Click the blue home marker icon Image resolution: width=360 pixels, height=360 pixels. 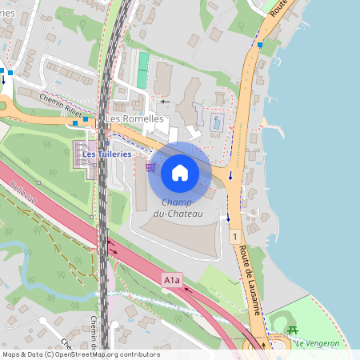(x=180, y=173)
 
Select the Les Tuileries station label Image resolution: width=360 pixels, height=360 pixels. (x=106, y=154)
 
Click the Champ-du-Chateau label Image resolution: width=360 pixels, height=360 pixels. (x=182, y=208)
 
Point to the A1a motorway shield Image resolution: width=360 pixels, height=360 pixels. (x=172, y=280)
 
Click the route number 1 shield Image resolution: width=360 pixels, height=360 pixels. (x=234, y=238)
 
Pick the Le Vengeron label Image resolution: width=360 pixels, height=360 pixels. (x=317, y=343)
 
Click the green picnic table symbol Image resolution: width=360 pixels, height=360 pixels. (x=292, y=330)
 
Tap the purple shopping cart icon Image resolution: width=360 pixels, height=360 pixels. (x=150, y=167)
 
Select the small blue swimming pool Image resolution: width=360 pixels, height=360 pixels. (x=216, y=124)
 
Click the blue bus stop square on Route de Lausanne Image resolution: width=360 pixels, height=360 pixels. (x=260, y=46)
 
